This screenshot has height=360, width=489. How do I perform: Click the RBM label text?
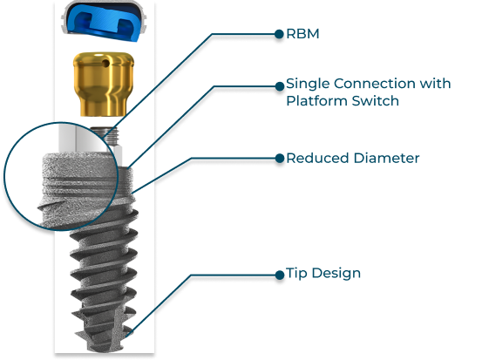click(x=302, y=34)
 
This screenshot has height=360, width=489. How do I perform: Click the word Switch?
click(x=376, y=101)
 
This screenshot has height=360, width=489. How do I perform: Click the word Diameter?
click(x=387, y=158)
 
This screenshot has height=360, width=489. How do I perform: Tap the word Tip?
click(x=296, y=274)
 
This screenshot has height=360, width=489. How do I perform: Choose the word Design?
click(x=336, y=274)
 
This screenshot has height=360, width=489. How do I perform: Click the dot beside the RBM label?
click(x=279, y=34)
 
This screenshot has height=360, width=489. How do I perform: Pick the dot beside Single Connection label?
click(x=280, y=86)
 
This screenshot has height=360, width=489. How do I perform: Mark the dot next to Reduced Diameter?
click(x=280, y=158)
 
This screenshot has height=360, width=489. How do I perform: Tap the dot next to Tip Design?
click(x=280, y=275)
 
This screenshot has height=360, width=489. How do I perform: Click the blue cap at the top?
click(x=104, y=21)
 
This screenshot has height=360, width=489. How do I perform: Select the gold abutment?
click(x=104, y=85)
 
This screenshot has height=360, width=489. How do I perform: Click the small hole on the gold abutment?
click(x=106, y=64)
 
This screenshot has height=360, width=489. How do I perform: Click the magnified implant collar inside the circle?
click(x=78, y=187)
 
